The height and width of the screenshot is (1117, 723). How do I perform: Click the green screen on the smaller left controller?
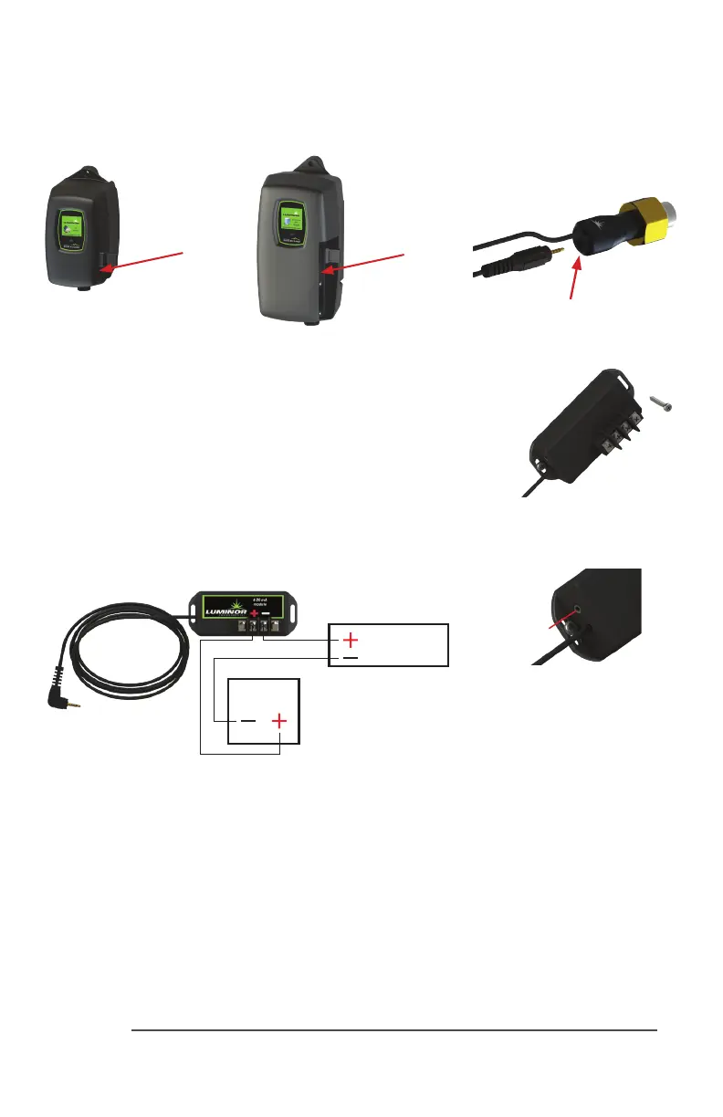click(71, 228)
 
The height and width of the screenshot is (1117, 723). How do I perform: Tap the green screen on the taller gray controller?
click(290, 222)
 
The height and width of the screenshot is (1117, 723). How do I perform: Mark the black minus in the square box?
click(246, 720)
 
